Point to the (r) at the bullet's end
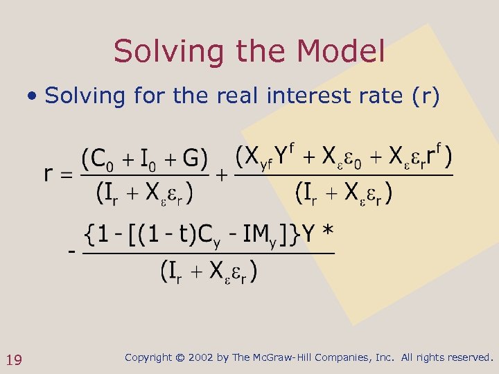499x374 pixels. pyautogui.click(x=426, y=96)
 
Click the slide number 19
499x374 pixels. pyautogui.click(x=14, y=359)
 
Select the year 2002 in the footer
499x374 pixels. pyautogui.click(x=201, y=357)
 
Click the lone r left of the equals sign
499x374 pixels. pyautogui.click(x=48, y=174)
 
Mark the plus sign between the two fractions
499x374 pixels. pyautogui.click(x=222, y=175)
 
